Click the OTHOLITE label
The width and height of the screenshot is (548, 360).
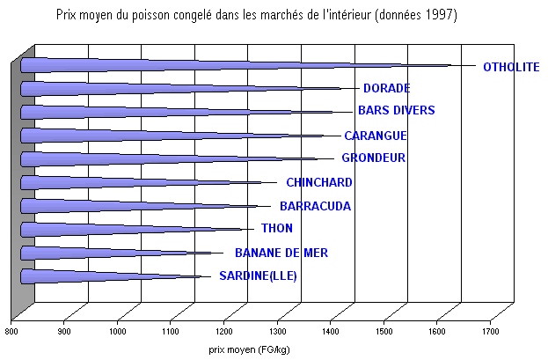(510, 67)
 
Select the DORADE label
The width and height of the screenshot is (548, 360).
(386, 88)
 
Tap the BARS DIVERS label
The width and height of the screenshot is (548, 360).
(396, 111)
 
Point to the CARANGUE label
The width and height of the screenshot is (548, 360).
(375, 136)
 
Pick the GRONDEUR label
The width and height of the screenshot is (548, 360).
(373, 158)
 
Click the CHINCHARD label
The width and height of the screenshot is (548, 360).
(319, 183)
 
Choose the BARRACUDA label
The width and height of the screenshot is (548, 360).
(315, 207)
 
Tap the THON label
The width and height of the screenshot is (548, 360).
(277, 229)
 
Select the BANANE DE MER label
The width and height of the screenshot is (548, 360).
(281, 253)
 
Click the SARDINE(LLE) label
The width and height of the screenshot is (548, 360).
(258, 276)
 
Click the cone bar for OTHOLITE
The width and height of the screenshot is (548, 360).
(220, 64)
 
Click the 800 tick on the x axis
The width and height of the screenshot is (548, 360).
(11, 332)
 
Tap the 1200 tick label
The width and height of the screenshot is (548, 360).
(224, 332)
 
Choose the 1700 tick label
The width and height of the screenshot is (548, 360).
(491, 332)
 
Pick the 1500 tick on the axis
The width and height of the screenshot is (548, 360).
(384, 332)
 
